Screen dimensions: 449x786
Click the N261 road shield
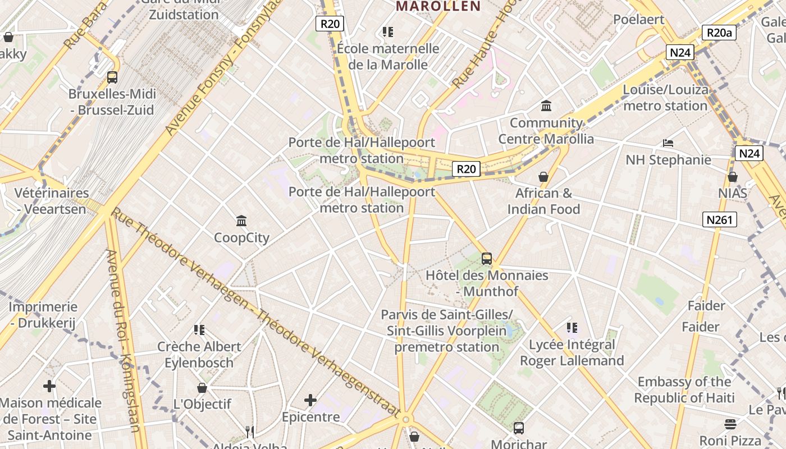click(x=719, y=219)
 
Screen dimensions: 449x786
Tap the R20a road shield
click(x=719, y=33)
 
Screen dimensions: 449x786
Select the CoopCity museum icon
click(x=242, y=221)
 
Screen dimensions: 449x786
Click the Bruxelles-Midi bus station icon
click(x=112, y=77)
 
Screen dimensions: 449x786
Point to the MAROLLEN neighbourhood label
click(x=438, y=6)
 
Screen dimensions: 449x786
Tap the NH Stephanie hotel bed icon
click(x=668, y=143)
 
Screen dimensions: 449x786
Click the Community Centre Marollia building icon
click(x=546, y=106)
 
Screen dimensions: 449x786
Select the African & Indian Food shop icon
click(x=543, y=177)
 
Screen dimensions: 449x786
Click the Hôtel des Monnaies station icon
click(x=487, y=259)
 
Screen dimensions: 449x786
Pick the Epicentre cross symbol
click(x=310, y=400)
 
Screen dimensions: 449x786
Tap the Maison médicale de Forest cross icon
click(x=49, y=386)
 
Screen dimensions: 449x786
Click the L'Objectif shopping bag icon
click(x=202, y=388)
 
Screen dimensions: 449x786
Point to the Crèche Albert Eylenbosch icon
click(x=199, y=329)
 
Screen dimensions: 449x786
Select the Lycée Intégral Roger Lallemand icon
click(x=572, y=327)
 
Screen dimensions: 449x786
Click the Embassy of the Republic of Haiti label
click(x=684, y=390)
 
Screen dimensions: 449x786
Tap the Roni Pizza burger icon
click(x=730, y=424)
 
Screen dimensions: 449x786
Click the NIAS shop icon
click(x=733, y=177)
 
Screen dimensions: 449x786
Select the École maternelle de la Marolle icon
click(x=387, y=32)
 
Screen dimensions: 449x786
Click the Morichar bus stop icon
click(x=519, y=428)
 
